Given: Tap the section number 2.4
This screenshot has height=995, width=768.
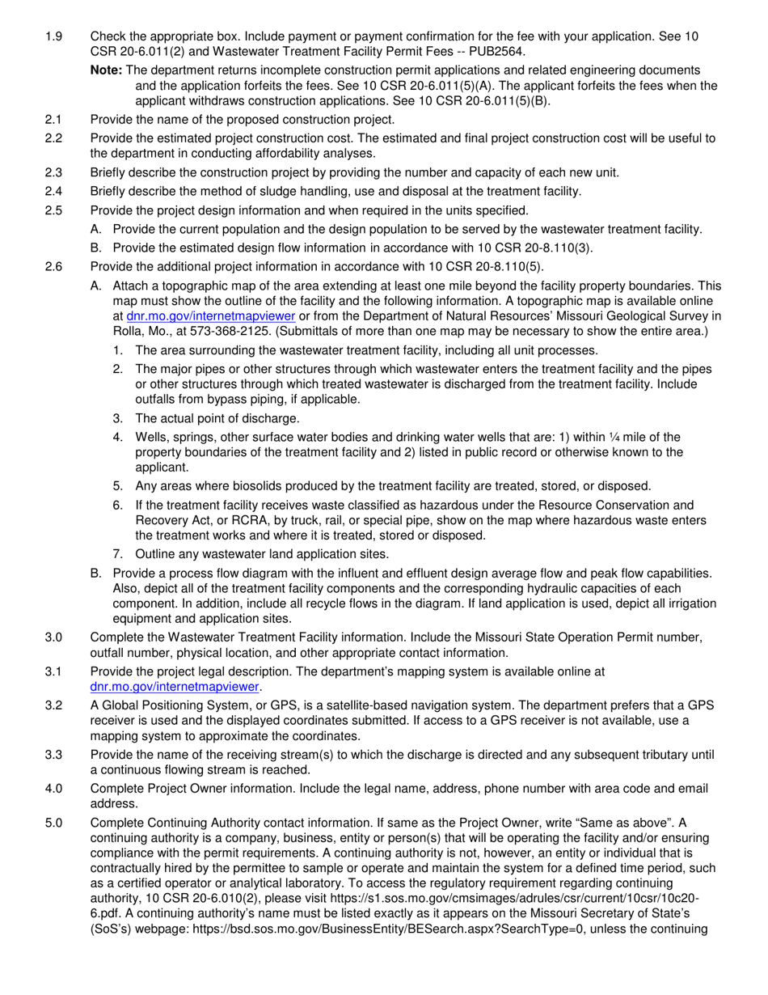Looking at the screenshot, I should (53, 192).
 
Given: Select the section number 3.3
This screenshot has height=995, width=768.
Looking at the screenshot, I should (53, 754).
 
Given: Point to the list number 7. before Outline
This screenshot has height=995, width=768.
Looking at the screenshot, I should (118, 554).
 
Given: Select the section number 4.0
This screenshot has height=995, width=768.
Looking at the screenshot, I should (53, 789).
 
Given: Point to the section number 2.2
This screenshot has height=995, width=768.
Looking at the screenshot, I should (53, 138).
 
